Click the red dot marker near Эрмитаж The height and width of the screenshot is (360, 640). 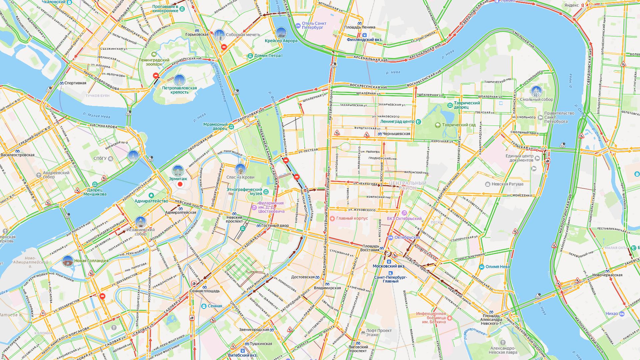(180, 184)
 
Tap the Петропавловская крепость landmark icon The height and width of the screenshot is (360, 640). (179, 80)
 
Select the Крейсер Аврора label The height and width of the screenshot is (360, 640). (281, 41)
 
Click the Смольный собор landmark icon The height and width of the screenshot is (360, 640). (537, 91)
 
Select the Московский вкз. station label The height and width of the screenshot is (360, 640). (389, 266)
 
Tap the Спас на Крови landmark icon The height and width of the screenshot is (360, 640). (240, 169)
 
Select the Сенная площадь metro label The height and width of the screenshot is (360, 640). (204, 291)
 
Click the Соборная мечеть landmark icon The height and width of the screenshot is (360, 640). (219, 34)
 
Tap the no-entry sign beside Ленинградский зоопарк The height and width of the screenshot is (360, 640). (156, 76)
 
